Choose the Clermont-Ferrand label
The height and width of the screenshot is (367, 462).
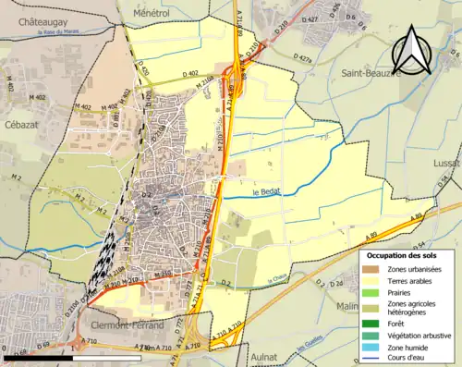click(x=128, y=326)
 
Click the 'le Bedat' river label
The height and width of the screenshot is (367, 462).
click(x=266, y=192)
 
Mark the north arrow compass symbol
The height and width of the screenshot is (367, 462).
click(x=408, y=51)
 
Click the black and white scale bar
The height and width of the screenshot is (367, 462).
click(x=58, y=358)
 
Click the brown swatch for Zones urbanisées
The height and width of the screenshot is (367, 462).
click(x=372, y=269)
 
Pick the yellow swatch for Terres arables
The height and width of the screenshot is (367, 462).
click(x=372, y=280)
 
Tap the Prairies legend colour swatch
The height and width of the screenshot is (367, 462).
click(x=372, y=291)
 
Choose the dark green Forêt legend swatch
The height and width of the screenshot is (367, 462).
click(x=372, y=323)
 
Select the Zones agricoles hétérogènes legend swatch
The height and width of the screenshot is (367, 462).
click(x=372, y=305)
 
